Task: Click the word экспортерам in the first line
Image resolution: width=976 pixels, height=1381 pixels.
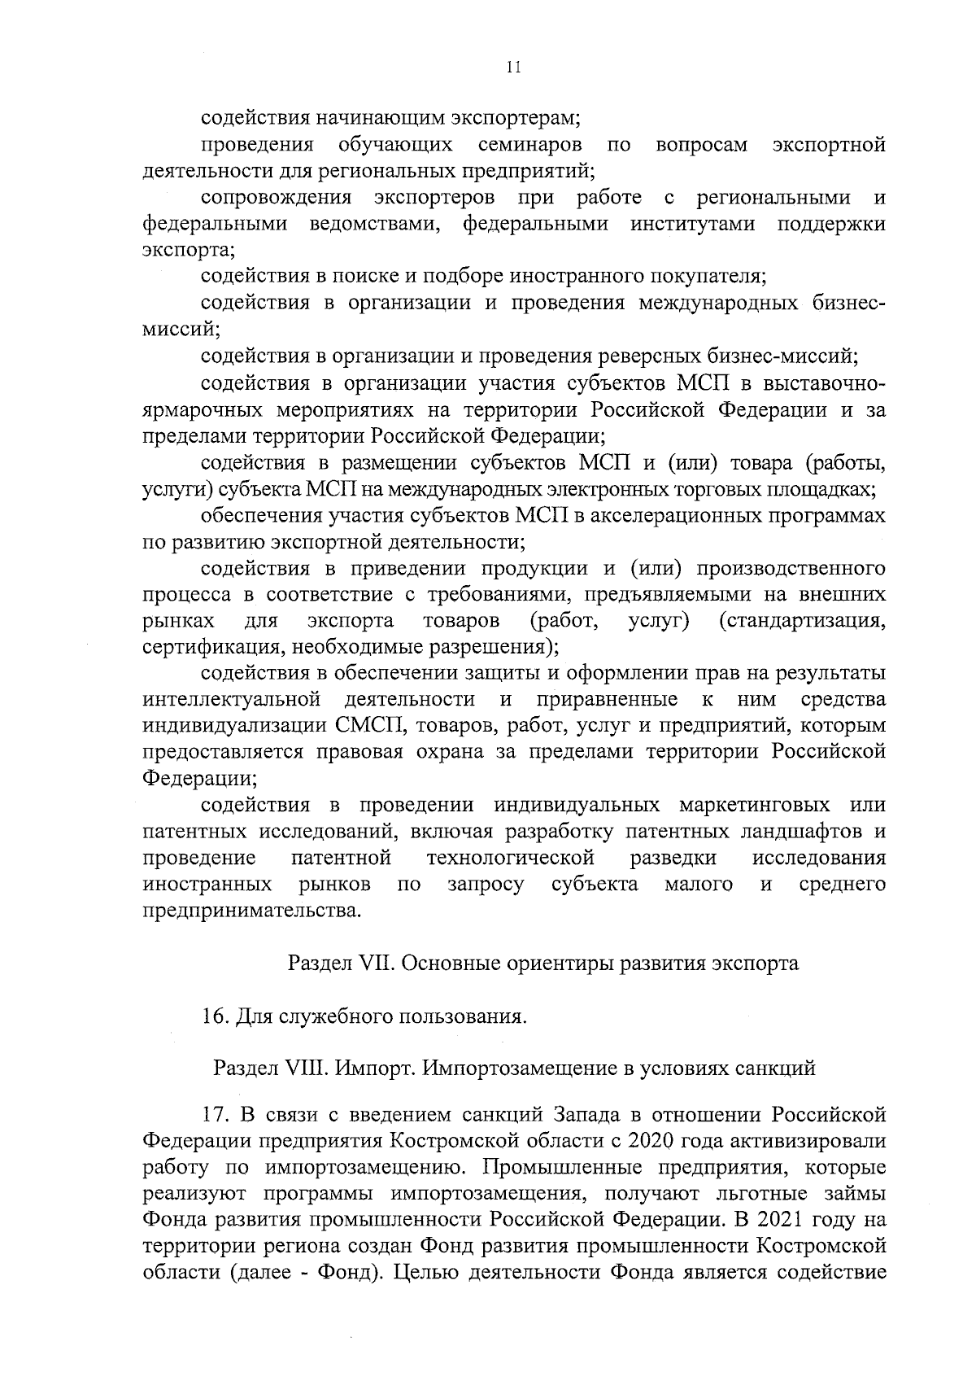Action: [x=513, y=118]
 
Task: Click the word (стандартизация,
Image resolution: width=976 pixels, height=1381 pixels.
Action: [x=803, y=621]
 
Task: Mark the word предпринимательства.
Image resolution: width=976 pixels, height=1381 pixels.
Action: [x=251, y=910]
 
